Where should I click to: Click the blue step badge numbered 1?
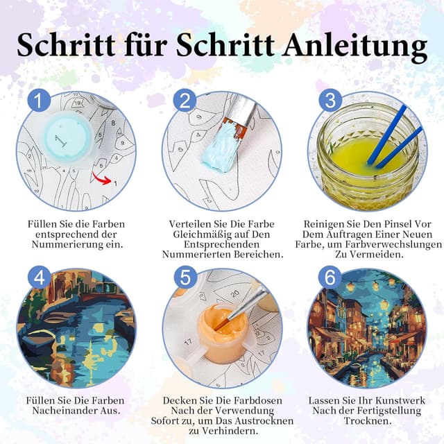pyautogui.click(x=39, y=101)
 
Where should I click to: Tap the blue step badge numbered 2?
pyautogui.click(x=185, y=101)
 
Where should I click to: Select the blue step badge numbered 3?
pyautogui.click(x=330, y=101)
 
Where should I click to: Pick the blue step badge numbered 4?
pyautogui.click(x=39, y=277)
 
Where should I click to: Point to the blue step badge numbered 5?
pyautogui.click(x=185, y=277)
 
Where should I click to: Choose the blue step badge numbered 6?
pyautogui.click(x=330, y=277)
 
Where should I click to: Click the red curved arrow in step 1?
pyautogui.click(x=101, y=178)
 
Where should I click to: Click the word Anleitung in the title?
pyautogui.click(x=355, y=44)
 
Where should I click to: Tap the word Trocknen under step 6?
pyautogui.click(x=368, y=420)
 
